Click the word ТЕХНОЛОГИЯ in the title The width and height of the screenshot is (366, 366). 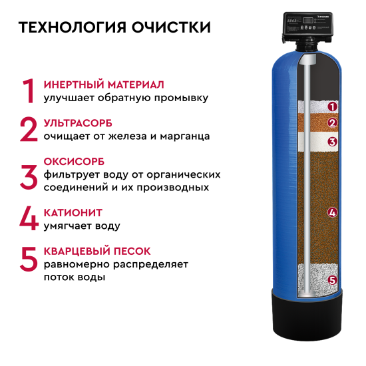point(73,27)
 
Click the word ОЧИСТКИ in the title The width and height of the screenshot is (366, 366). point(171,27)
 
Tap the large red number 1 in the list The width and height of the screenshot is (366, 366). point(29,91)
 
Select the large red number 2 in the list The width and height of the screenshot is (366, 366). point(29,129)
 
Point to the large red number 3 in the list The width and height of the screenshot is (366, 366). point(29,177)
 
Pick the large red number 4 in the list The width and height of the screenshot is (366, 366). point(29,218)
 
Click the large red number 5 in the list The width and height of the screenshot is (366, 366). point(29,260)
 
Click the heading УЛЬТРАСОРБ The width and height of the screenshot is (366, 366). point(78,123)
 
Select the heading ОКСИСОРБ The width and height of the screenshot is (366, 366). point(74,162)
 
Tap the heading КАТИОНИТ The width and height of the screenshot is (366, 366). point(73,213)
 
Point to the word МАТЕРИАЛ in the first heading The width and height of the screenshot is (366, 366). point(136,85)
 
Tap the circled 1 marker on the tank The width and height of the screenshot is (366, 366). point(332,106)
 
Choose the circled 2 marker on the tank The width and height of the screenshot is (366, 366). point(332,123)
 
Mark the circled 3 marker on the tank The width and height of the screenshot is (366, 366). point(332,142)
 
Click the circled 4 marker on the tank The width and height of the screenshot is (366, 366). point(332,212)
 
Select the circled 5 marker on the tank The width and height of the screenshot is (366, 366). point(332,280)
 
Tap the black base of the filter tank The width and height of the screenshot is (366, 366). point(307,317)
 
